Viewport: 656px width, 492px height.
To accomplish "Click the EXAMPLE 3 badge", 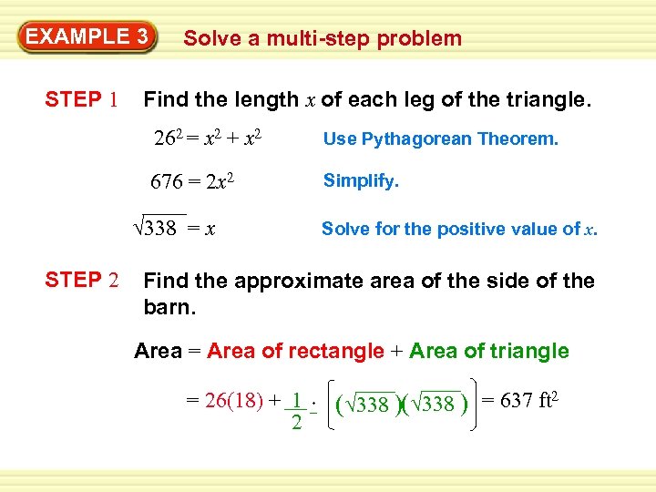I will (x=87, y=37).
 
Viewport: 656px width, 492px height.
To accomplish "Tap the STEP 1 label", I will (x=81, y=99).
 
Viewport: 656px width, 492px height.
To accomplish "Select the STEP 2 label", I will (x=81, y=281).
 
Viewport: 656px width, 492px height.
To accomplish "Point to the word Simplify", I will (x=361, y=181).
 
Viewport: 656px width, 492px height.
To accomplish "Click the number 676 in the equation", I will (x=168, y=181).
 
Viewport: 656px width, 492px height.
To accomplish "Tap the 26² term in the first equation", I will (x=169, y=139).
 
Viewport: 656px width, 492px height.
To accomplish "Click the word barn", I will (x=169, y=306).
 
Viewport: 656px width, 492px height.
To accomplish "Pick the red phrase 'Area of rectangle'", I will (x=295, y=351).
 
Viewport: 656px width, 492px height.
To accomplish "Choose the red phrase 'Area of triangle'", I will (x=489, y=351).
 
